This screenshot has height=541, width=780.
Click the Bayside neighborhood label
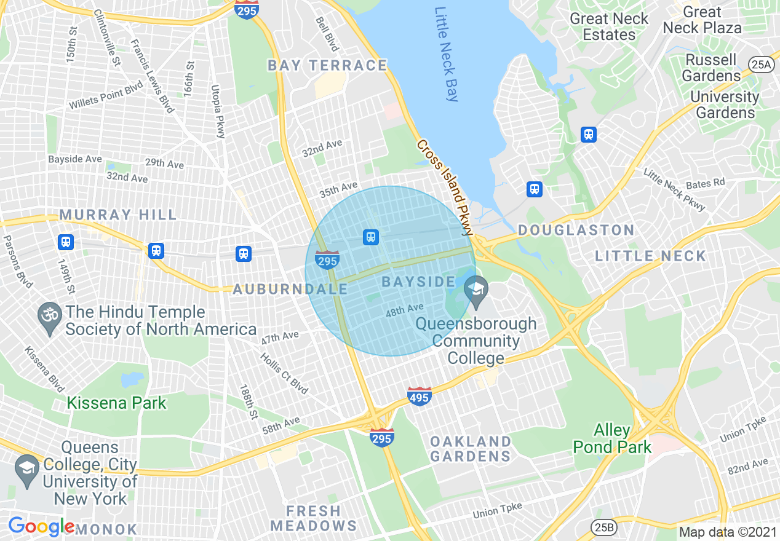(418, 282)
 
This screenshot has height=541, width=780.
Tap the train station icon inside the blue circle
(370, 237)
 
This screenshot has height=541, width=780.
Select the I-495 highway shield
(419, 397)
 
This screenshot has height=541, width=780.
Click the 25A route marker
(761, 64)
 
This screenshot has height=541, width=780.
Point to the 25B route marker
(603, 526)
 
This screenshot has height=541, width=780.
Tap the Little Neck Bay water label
(447, 54)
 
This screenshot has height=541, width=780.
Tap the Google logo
(41, 526)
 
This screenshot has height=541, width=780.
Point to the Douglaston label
(576, 231)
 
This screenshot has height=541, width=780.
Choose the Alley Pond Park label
(612, 438)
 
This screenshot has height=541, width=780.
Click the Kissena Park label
(116, 403)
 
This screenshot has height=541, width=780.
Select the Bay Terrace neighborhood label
(327, 65)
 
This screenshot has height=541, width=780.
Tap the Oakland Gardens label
(471, 449)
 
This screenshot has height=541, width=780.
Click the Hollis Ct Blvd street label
(284, 373)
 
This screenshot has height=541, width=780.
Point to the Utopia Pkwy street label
(218, 111)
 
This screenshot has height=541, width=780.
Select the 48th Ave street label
(404, 310)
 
